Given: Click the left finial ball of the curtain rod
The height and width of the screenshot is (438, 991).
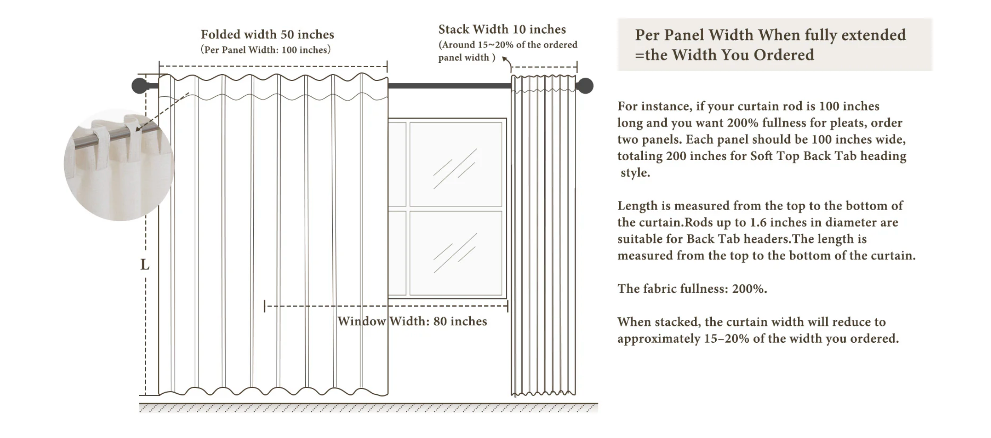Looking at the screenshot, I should point(139,86).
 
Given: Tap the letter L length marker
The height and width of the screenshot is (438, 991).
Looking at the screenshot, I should point(145,265).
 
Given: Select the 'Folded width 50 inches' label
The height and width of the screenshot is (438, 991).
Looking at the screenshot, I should point(267,35).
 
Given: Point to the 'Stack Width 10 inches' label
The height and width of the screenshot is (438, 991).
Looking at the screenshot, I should point(502,29).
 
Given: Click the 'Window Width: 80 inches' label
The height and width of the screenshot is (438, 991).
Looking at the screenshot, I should point(412,321).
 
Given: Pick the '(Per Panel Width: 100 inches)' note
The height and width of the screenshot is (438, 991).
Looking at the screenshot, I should point(265,50).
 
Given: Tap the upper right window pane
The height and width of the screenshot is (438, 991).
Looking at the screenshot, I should point(456,164).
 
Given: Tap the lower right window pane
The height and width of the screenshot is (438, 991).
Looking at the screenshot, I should point(456,253).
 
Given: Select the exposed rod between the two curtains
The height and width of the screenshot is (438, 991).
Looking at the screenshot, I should point(449,86).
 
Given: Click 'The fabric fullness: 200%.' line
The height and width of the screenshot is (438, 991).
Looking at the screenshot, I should point(692,289).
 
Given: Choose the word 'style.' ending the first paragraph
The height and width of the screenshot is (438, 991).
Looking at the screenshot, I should point(635,173).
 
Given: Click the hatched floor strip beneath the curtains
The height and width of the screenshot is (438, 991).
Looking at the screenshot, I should point(368,408).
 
